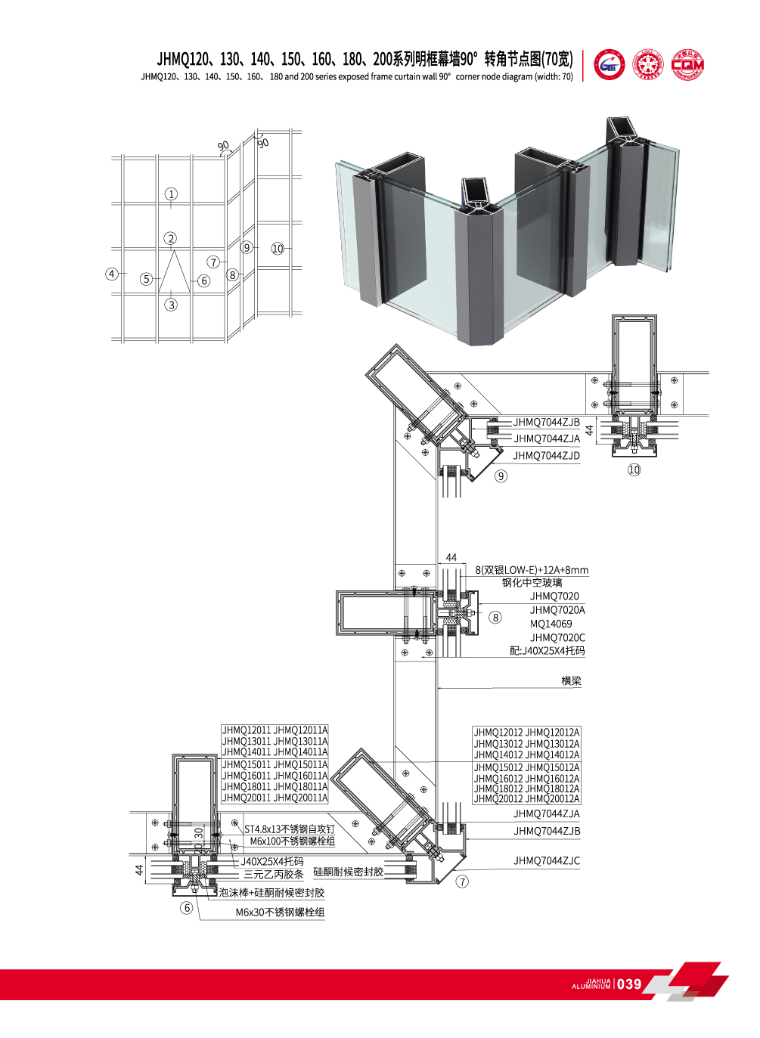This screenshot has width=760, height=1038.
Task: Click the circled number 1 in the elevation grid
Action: (172, 194)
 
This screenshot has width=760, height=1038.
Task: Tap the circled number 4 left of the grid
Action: (112, 274)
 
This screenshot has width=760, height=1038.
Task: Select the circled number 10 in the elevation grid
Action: (278, 248)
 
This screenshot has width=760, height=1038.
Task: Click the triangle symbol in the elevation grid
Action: (174, 271)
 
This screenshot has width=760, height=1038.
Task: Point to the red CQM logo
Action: (687, 64)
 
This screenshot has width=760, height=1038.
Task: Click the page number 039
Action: (628, 984)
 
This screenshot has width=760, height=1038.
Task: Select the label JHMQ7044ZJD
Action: (546, 456)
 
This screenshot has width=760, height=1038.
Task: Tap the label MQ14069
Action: (551, 624)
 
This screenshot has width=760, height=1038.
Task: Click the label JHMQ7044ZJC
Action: (546, 861)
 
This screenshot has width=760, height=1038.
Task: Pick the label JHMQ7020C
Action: (557, 638)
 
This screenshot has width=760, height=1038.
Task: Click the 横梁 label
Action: (571, 681)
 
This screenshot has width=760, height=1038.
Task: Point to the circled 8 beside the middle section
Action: (495, 618)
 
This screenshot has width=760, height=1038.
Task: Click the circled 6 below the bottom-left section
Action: (187, 908)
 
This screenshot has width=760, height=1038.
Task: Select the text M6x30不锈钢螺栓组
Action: (280, 913)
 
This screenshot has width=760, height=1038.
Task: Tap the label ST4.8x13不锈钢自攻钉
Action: (289, 829)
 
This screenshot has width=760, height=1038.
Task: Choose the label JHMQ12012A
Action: (553, 733)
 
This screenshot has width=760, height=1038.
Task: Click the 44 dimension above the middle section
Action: (451, 558)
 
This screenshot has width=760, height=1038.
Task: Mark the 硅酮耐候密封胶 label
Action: (348, 872)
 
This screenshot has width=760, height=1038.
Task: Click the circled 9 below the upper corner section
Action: (501, 476)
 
